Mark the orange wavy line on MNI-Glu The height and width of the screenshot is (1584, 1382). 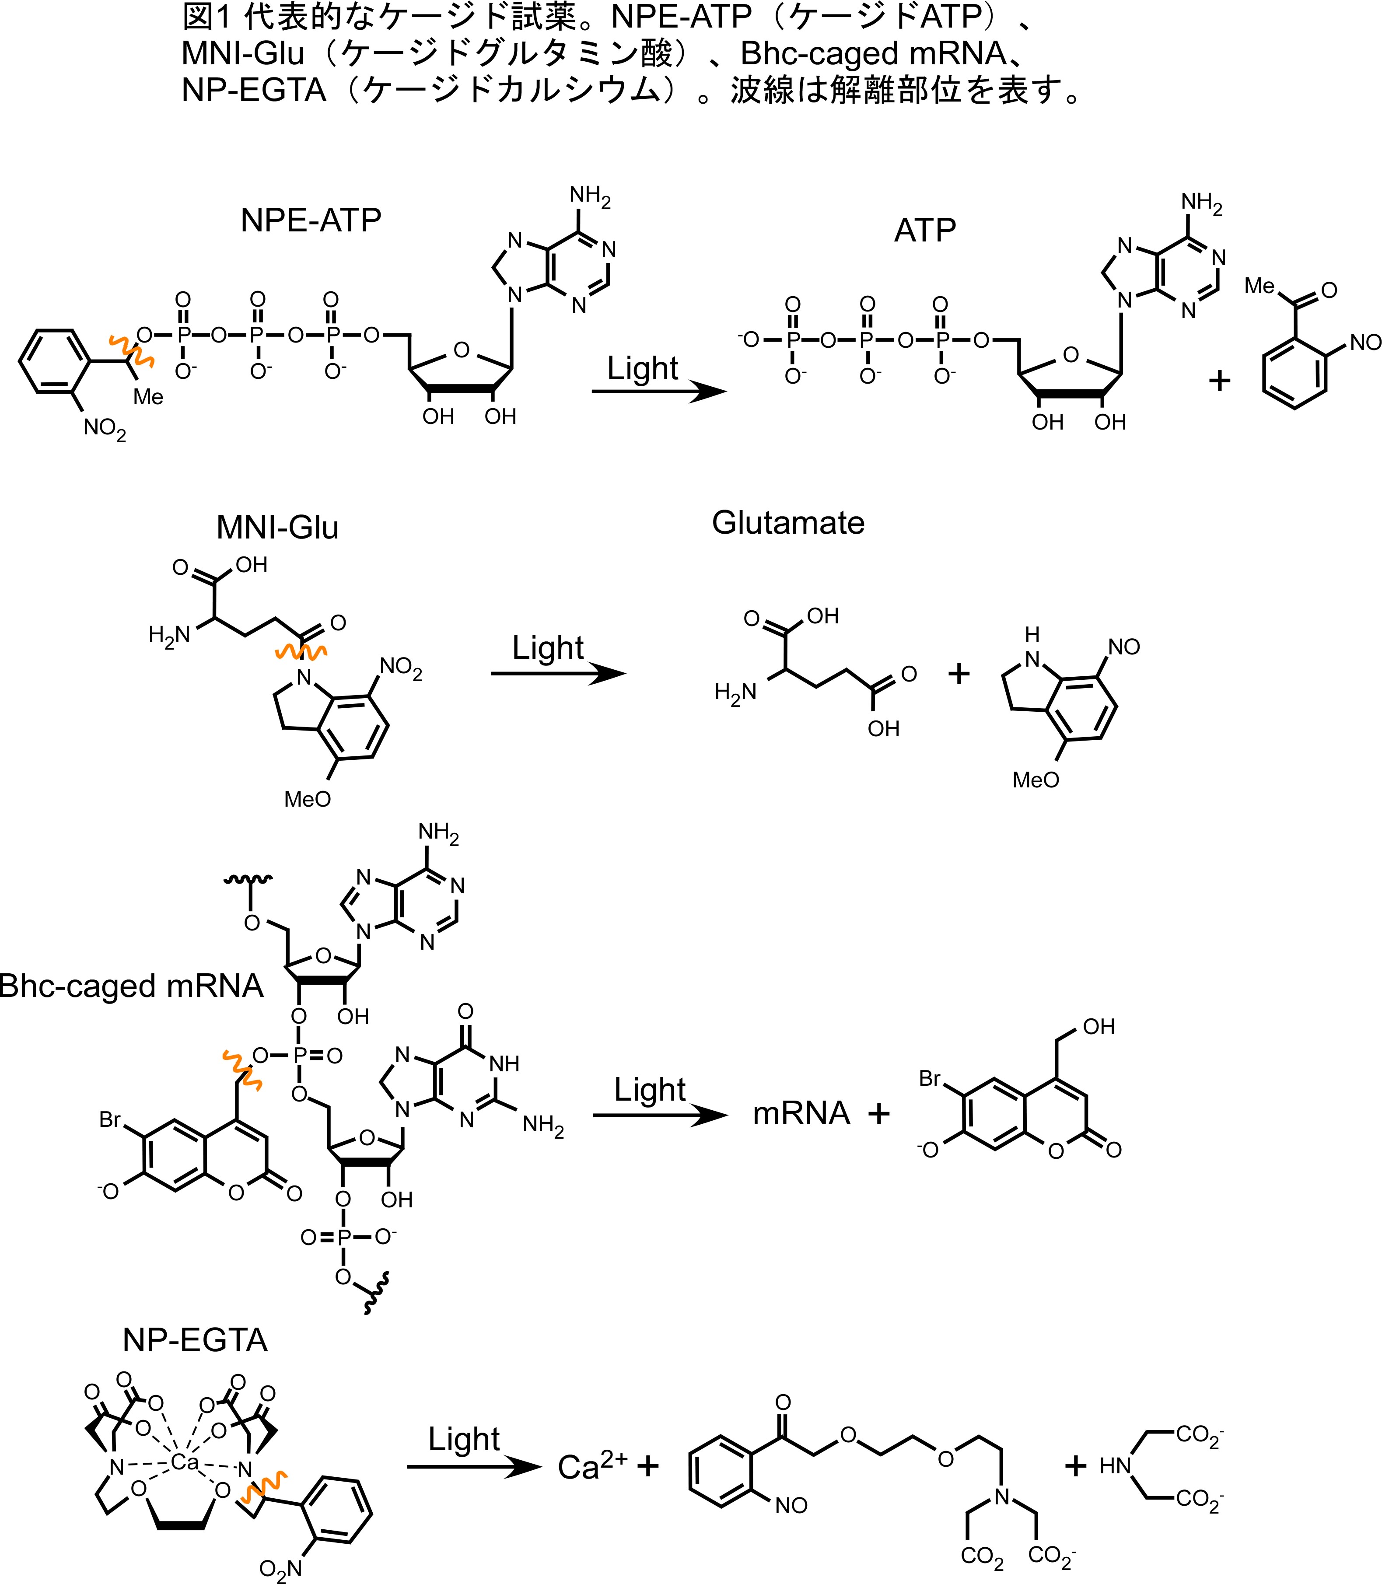click(301, 652)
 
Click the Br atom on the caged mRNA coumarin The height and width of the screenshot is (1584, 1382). click(109, 1119)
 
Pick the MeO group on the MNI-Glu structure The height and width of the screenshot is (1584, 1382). click(307, 799)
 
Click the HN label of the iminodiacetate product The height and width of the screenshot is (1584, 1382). click(1115, 1466)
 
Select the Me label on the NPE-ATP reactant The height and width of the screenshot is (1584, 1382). click(148, 396)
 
